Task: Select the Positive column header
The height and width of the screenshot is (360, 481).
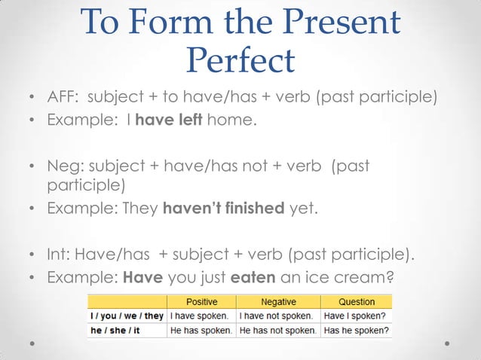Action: pyautogui.click(x=201, y=302)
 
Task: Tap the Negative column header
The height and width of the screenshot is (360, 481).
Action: pyautogui.click(x=277, y=302)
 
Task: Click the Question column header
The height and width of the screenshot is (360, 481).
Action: pyautogui.click(x=356, y=302)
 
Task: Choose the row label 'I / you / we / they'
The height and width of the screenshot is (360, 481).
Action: pyautogui.click(x=127, y=316)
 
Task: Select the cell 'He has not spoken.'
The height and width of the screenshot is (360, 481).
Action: pyautogui.click(x=277, y=330)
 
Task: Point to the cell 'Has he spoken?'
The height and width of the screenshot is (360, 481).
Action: pyautogui.click(x=356, y=330)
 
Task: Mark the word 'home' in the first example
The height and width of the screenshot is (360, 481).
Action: pyautogui.click(x=229, y=120)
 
